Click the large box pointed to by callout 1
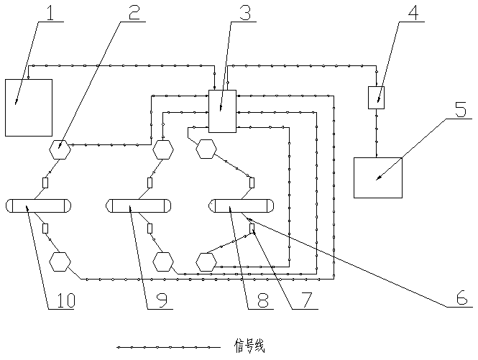[x=28, y=107]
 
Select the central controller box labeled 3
[x=222, y=111]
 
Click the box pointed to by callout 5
[x=378, y=177]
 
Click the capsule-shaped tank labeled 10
[x=40, y=206]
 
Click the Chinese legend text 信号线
[x=249, y=346]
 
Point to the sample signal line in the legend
[x=168, y=347]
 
